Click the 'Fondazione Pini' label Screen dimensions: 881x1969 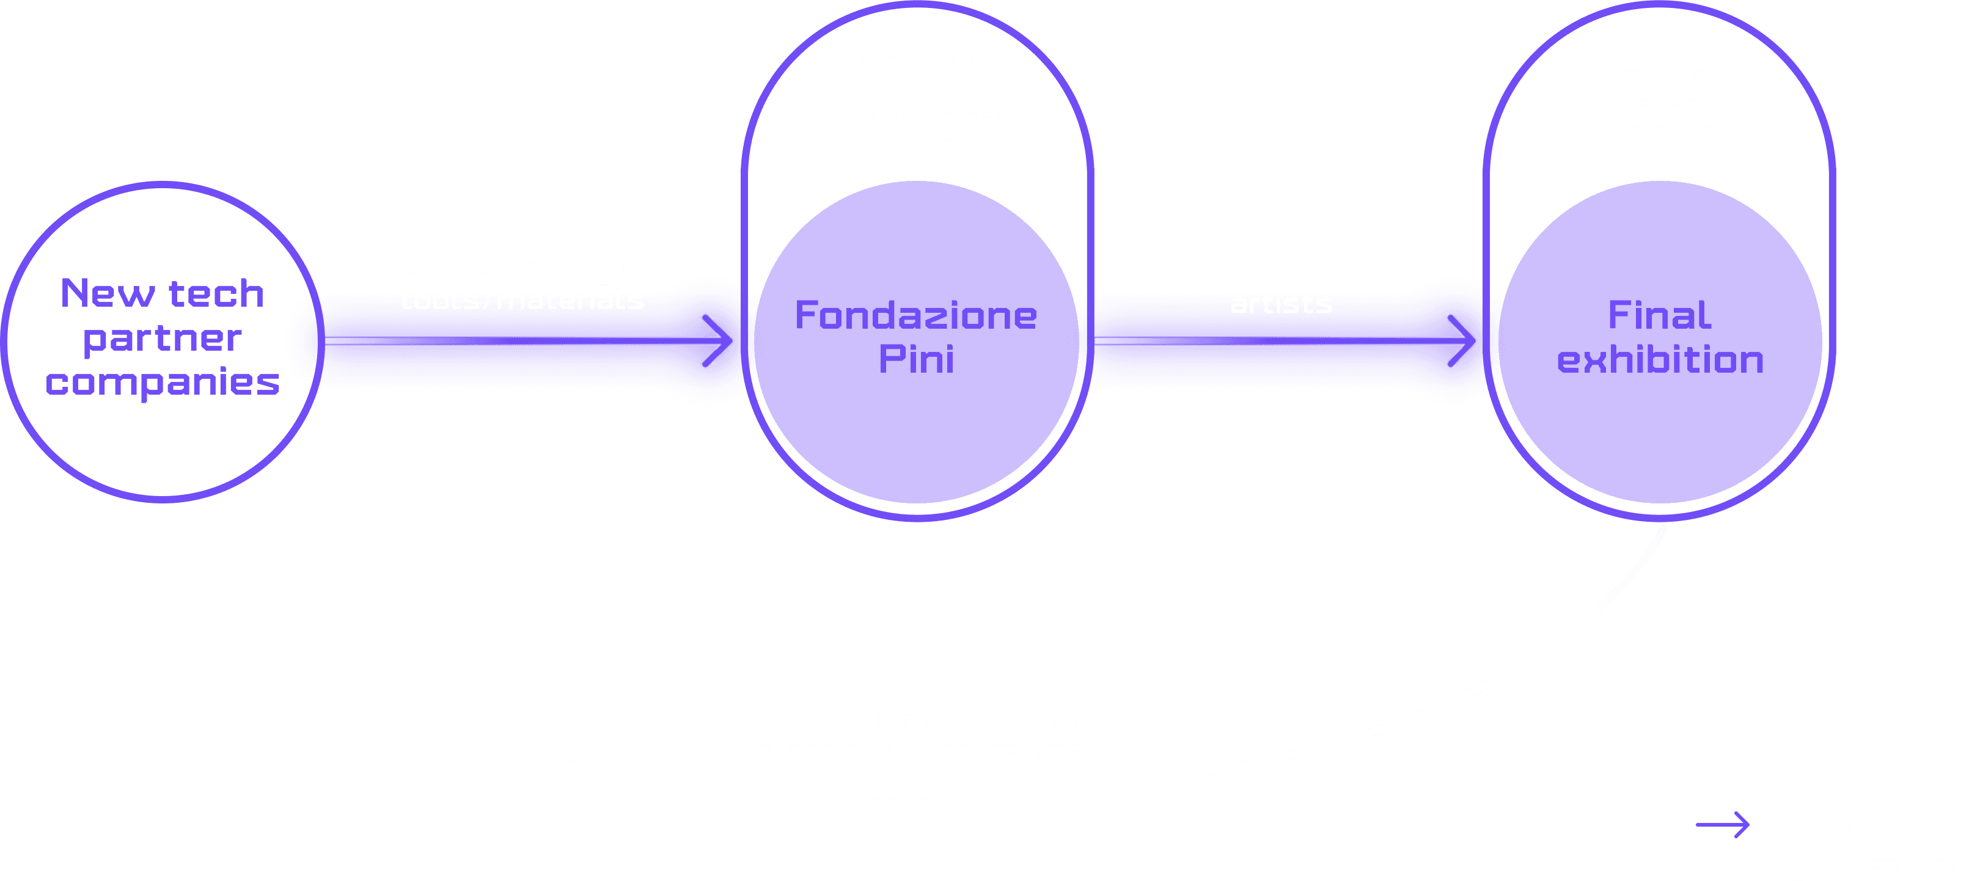point(915,337)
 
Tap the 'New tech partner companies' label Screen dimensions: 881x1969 point(163,337)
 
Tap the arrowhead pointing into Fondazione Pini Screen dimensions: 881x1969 point(719,341)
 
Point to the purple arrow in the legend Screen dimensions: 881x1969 point(1723,824)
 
